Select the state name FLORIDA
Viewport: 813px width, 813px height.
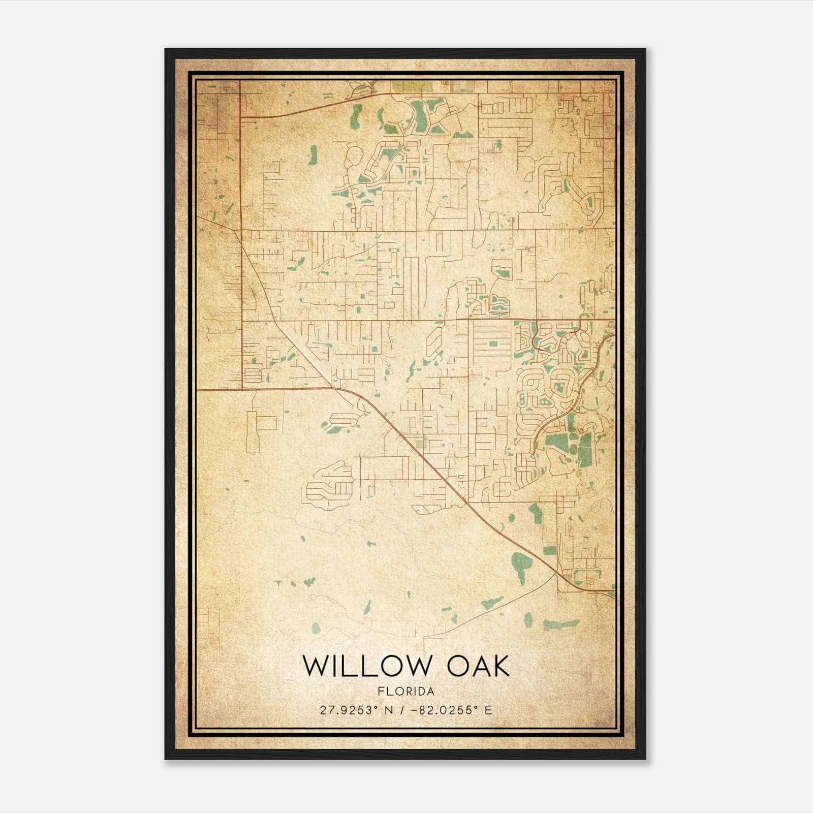(406, 692)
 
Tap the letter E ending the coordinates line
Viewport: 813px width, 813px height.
(488, 710)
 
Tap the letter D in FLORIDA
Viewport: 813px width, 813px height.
(422, 692)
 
